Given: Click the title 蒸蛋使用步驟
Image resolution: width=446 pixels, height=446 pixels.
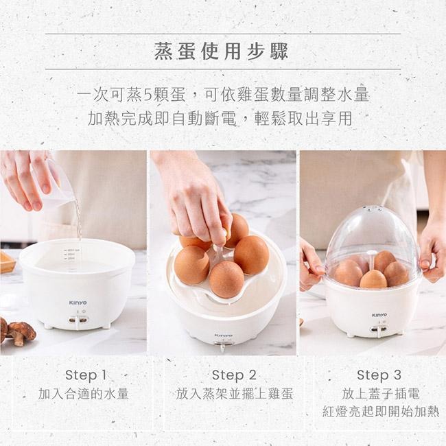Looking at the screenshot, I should click(x=222, y=51).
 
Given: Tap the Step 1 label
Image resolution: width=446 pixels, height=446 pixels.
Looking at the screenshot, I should click(x=86, y=375).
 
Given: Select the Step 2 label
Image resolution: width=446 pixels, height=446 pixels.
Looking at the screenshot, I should click(x=233, y=375).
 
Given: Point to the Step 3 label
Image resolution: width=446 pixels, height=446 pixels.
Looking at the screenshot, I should click(x=379, y=375).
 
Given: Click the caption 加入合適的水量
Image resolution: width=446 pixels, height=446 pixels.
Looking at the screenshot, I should click(x=84, y=394).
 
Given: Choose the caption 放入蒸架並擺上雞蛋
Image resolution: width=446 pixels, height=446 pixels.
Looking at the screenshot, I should click(x=235, y=394).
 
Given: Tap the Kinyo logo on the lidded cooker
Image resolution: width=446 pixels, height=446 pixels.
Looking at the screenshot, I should click(x=379, y=315).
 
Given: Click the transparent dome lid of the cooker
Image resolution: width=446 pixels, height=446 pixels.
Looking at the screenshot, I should click(x=372, y=237).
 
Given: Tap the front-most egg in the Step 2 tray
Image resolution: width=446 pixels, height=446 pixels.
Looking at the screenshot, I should click(x=226, y=279).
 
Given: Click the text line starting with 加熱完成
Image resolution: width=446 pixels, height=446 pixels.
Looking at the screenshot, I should click(x=221, y=118).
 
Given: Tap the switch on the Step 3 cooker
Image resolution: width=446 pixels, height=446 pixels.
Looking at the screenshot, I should click(x=375, y=330).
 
